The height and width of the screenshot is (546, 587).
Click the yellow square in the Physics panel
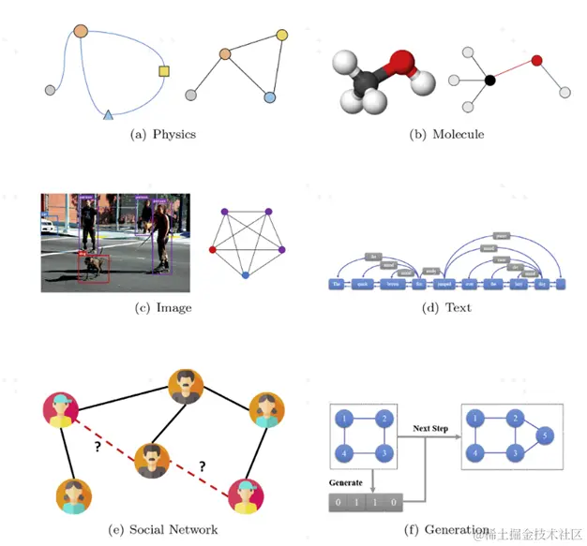pos(164,71)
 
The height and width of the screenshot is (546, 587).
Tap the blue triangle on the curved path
pos(108,114)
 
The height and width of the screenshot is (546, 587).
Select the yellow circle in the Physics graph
pos(282,36)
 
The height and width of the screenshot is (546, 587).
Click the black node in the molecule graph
pos(489,81)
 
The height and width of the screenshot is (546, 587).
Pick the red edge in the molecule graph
pos(513,70)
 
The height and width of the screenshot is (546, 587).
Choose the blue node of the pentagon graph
pos(245,275)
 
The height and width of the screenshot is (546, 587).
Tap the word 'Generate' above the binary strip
pos(347,483)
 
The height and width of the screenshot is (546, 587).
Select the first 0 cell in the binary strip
pos(337,504)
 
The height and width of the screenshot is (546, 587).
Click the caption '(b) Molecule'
pos(446,134)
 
